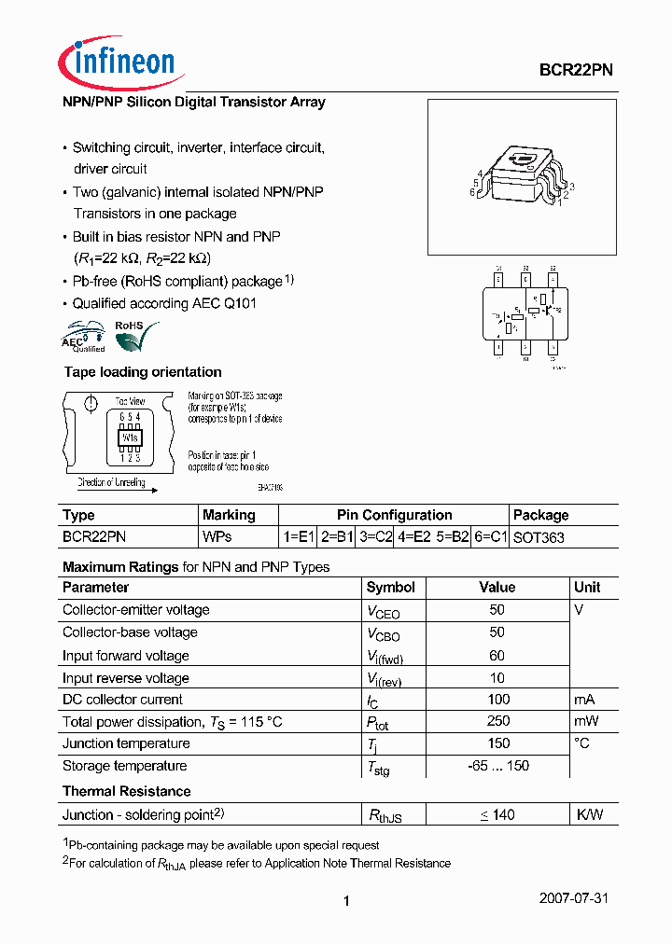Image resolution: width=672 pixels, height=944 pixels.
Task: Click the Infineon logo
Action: click(117, 62)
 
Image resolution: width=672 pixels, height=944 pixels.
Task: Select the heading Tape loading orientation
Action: click(142, 372)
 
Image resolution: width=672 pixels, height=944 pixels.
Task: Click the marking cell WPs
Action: click(217, 537)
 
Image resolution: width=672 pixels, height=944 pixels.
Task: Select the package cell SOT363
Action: click(539, 537)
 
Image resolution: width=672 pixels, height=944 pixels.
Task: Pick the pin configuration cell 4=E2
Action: click(415, 537)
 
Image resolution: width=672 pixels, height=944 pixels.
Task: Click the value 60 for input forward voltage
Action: click(497, 656)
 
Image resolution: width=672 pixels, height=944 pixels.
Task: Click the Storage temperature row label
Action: click(124, 766)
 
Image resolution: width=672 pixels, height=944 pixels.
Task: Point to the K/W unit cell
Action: click(589, 814)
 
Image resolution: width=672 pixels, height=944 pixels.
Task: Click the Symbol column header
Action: click(390, 588)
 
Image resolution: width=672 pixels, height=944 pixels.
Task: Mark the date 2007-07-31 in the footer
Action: click(574, 898)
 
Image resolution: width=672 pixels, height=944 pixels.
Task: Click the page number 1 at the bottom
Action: click(346, 900)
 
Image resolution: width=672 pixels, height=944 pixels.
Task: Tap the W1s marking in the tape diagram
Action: click(129, 437)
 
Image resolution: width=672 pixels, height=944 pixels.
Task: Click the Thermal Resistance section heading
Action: click(126, 791)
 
